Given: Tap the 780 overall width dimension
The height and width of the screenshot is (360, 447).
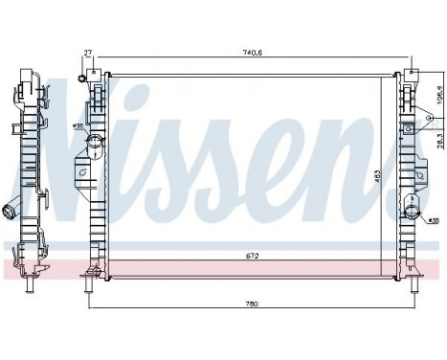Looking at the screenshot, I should click(x=252, y=304).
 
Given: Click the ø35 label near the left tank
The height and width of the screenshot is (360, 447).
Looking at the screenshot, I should click(x=79, y=124).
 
